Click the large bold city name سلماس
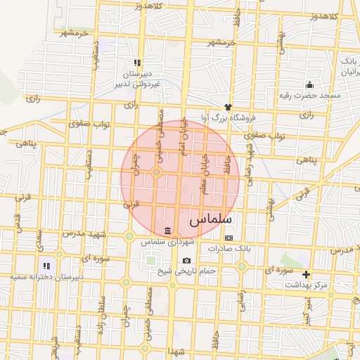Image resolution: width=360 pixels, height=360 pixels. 210,220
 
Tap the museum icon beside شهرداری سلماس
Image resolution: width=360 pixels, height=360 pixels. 167,231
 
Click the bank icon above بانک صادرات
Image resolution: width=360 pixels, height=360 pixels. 228,238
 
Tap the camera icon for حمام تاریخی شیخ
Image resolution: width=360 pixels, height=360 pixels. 186,260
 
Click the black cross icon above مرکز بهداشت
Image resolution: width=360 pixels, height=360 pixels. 306,274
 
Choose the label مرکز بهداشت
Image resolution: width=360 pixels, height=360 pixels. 306,285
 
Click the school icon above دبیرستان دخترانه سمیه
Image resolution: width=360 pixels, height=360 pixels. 46,266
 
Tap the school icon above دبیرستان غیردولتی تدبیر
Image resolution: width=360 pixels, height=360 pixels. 138,63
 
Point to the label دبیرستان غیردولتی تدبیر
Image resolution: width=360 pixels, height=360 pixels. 139,79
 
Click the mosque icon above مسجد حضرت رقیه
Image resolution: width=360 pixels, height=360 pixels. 309,84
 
